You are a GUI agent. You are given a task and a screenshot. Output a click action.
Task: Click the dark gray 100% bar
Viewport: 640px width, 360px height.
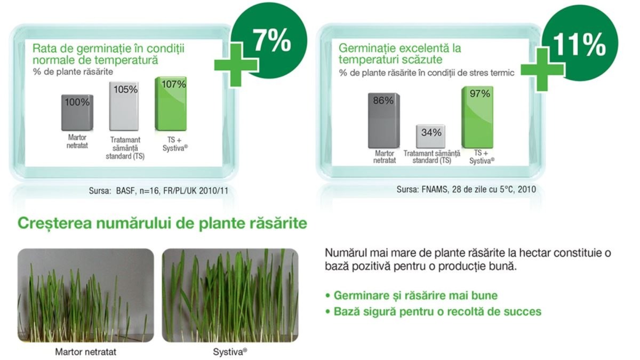[77, 113]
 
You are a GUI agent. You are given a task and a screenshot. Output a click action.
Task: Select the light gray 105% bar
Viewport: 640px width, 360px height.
[124, 106]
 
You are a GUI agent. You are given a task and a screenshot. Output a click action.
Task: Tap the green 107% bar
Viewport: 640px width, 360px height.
[171, 103]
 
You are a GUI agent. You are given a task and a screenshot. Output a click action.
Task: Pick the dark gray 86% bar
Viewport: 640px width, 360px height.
[383, 121]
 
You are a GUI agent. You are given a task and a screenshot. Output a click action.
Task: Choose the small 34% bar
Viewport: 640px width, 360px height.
[430, 137]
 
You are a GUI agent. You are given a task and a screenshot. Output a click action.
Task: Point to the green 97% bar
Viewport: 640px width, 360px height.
[477, 117]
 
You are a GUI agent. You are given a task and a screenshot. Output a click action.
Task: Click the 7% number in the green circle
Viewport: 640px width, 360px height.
[271, 42]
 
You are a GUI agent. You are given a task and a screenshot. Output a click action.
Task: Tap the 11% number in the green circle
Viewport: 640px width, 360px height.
[579, 45]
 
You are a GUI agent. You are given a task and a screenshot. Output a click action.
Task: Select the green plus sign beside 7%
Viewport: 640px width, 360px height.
[236, 65]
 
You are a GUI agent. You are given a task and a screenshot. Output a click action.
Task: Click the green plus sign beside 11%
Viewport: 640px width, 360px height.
[542, 70]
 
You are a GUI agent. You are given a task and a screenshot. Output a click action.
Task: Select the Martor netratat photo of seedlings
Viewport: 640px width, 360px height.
[86, 295]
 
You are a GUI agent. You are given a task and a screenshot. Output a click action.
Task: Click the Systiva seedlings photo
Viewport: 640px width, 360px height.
[230, 295]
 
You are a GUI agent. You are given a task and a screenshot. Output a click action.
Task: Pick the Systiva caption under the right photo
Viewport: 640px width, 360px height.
[230, 351]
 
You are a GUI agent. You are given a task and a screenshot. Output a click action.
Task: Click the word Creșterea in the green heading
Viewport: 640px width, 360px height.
[55, 223]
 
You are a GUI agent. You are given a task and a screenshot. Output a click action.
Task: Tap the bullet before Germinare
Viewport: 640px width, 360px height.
[327, 295]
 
